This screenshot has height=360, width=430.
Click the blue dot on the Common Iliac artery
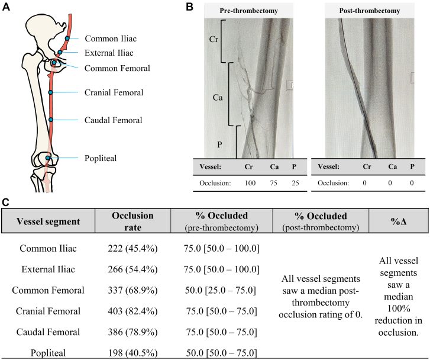67,38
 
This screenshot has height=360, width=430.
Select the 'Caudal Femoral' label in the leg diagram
114,120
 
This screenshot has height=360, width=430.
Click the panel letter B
190,7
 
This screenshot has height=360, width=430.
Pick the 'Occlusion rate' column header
133,221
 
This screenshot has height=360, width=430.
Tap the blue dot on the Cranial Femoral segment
50,92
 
